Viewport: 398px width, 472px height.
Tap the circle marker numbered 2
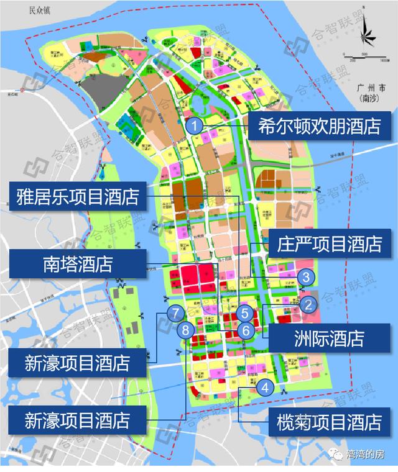(x=307, y=304)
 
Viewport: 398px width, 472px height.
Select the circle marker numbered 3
(x=305, y=277)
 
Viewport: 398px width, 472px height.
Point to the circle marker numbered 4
(x=266, y=388)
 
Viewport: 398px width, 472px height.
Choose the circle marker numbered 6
(x=246, y=330)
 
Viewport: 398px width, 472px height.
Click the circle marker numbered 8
(x=185, y=330)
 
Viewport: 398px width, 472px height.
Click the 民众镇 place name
(x=32, y=11)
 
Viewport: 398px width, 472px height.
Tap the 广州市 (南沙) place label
(x=372, y=93)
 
